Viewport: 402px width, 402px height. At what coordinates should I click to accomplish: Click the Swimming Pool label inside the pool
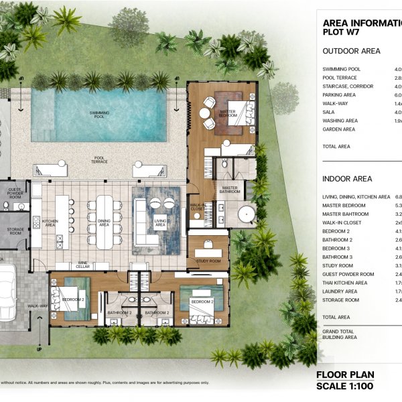(98, 115)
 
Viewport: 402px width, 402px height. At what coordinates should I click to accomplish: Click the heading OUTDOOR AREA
(351, 51)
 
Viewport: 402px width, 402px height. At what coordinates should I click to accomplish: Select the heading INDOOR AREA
(346, 179)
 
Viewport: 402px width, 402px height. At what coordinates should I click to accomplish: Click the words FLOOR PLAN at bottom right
(344, 375)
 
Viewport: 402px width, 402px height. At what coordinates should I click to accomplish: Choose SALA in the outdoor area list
(330, 112)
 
